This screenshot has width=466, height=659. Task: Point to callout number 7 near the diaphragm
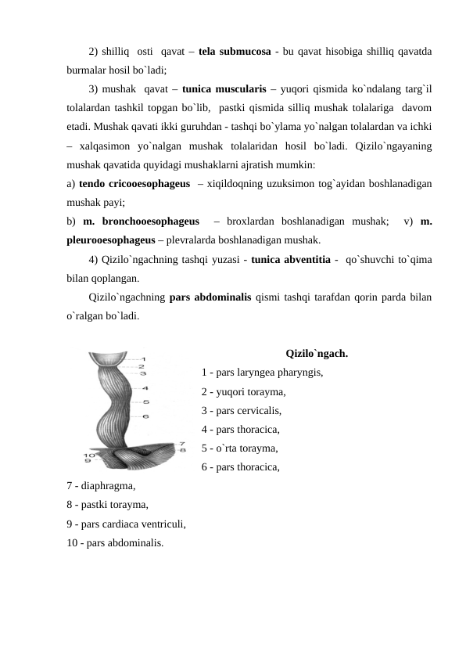[x=182, y=443]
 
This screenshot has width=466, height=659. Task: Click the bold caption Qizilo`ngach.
[x=317, y=352]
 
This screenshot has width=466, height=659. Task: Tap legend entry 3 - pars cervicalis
[x=242, y=409]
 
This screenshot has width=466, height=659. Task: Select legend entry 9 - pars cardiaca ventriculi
[x=126, y=524]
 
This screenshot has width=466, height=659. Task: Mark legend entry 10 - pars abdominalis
[x=116, y=542]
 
